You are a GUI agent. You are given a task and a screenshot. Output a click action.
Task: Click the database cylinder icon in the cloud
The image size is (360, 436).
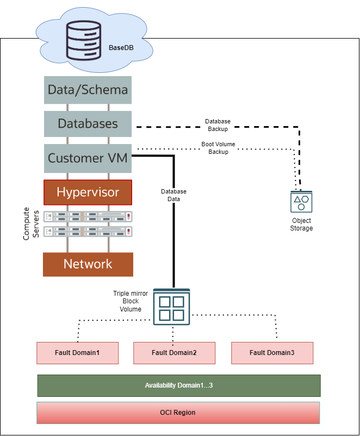coord(84,42)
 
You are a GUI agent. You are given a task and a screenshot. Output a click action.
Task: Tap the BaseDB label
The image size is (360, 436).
coord(121,48)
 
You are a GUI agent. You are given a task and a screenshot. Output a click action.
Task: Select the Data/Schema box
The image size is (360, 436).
coord(88,90)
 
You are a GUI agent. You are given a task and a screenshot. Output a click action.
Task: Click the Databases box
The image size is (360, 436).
coord(88,124)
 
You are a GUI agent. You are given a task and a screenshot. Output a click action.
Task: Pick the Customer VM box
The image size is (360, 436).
coord(88,158)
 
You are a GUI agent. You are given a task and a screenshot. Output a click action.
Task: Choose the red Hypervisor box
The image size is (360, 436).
coord(88,192)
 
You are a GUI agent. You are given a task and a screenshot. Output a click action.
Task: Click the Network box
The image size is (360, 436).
coord(88,264)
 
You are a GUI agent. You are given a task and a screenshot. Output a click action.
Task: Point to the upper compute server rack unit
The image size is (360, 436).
coord(88,216)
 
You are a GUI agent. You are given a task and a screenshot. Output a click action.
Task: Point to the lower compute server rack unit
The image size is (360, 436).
coord(88,231)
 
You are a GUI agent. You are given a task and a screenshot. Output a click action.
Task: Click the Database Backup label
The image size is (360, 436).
coord(218,125)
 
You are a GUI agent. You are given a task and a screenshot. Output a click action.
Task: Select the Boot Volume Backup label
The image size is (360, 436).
coord(218,148)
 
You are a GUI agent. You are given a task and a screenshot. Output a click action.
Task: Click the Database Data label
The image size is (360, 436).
coord(173,195)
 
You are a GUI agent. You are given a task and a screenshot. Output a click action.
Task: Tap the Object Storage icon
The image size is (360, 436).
coord(301,202)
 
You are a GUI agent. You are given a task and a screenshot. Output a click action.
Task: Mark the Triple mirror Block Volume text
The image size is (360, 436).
coord(130,301)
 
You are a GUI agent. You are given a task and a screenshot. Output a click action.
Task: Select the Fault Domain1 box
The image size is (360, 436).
coord(77,353)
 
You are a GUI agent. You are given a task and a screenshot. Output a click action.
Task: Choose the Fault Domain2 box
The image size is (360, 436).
coord(174,353)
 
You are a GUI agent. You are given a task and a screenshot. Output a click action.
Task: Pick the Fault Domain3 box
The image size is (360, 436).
coord(272,353)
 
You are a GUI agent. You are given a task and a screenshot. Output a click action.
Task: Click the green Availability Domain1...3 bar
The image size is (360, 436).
coord(178,385)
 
